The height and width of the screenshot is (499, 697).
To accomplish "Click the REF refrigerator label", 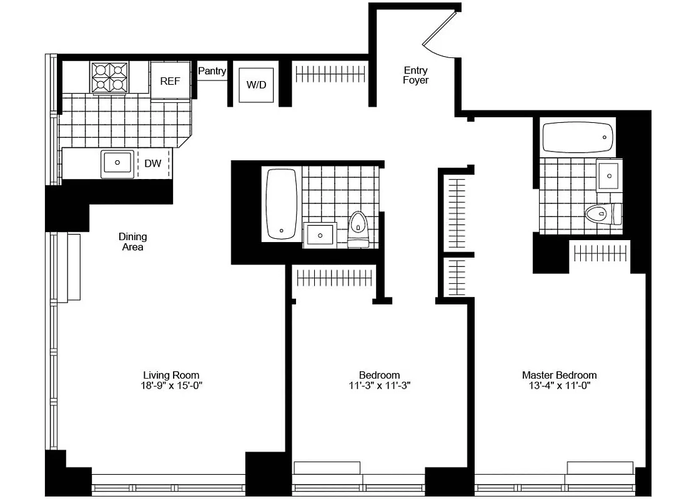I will point(170,81).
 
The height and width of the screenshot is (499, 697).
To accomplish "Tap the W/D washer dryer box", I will point(255,85).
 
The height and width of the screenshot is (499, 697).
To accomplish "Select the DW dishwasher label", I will point(153,163).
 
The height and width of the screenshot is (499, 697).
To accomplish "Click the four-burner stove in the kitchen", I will point(110,77).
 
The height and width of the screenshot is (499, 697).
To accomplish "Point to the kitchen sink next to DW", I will point(117,163).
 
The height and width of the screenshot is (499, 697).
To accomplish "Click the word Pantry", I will point(212,71).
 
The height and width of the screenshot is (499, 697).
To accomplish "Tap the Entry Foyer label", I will point(415,75).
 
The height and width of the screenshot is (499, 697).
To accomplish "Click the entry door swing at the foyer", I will point(441,34).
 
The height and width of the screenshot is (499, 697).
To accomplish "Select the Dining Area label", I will point(133,242).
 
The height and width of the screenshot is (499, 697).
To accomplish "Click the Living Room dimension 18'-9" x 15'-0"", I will point(172,385).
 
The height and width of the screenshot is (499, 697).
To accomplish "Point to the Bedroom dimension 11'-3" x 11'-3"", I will point(380,385).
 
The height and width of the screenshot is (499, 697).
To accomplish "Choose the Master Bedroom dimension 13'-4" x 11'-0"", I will point(559,385).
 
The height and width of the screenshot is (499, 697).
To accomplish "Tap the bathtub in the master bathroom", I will point(578,137).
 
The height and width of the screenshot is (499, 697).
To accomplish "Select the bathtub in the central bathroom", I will point(281,203).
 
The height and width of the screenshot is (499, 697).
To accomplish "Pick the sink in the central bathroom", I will point(320,235).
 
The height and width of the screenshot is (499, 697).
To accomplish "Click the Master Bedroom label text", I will point(559,375).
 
